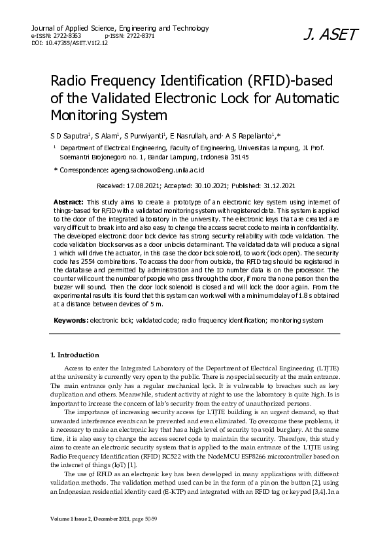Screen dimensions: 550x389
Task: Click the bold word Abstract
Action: (x=67, y=202)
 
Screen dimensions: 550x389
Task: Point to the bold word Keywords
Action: (x=71, y=321)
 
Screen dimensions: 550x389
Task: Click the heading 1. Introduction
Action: (x=75, y=355)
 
